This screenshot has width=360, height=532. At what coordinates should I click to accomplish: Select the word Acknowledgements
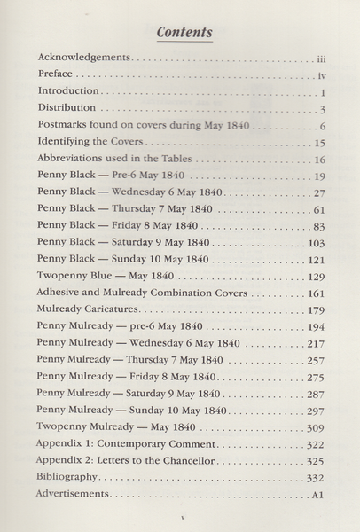coord(84,58)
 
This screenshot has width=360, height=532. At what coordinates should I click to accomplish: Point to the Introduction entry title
coord(70,92)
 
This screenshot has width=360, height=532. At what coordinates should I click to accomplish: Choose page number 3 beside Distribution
coord(325,109)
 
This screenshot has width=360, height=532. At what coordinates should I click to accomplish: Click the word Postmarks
coord(67,126)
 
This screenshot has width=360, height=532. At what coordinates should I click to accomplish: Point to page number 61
coord(321,209)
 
